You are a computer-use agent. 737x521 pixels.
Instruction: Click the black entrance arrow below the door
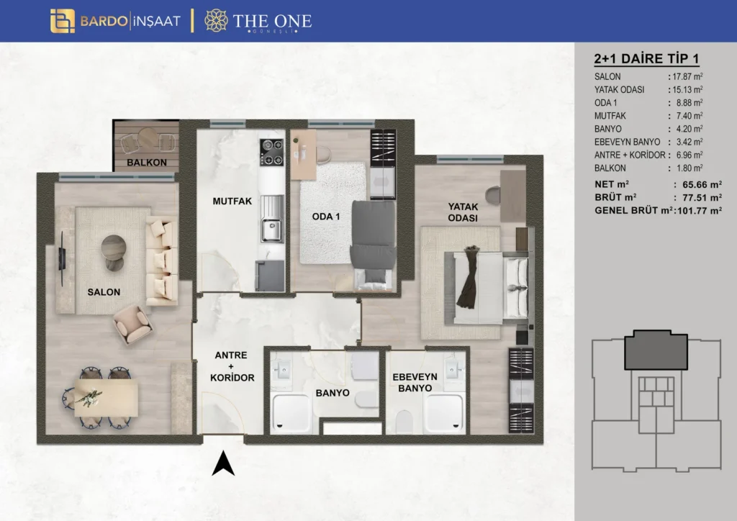(x=223, y=463)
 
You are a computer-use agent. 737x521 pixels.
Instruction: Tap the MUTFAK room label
(x=232, y=201)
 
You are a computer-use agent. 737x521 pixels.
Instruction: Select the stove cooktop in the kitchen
(x=271, y=153)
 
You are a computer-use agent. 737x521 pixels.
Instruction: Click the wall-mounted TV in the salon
(x=62, y=258)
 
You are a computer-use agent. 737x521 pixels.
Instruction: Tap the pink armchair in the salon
(x=132, y=324)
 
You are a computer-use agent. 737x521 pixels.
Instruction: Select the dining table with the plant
(x=107, y=397)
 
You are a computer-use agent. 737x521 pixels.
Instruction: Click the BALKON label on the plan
(x=147, y=163)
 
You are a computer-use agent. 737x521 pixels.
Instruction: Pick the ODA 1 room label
(x=326, y=217)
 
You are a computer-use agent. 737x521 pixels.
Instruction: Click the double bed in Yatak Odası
(x=486, y=288)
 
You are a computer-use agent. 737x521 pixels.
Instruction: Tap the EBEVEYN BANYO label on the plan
(x=415, y=382)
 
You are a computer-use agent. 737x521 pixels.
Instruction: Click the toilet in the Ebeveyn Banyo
(x=404, y=422)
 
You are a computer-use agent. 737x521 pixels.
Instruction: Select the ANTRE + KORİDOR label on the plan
(x=232, y=366)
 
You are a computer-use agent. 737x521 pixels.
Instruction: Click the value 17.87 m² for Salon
(x=687, y=76)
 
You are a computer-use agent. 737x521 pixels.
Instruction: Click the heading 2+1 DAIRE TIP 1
(x=646, y=59)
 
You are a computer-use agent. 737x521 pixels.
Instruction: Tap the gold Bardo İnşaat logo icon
(x=63, y=21)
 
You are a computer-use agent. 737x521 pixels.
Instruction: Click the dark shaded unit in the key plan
(x=656, y=350)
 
